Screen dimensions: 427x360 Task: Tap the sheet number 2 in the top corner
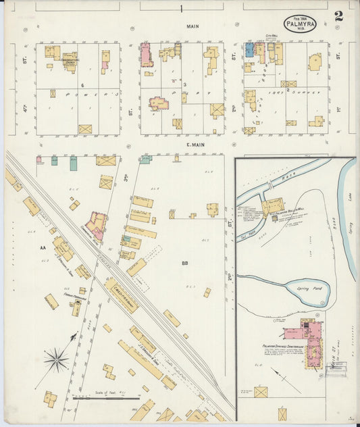click(338, 16)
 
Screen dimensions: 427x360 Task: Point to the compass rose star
click(56, 359)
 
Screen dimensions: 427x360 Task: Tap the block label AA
click(43, 248)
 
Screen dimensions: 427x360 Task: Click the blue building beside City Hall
click(249, 50)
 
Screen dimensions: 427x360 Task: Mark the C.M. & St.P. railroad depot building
click(122, 295)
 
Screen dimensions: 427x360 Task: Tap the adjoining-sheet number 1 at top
click(181, 9)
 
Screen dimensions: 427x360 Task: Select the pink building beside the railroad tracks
click(96, 225)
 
